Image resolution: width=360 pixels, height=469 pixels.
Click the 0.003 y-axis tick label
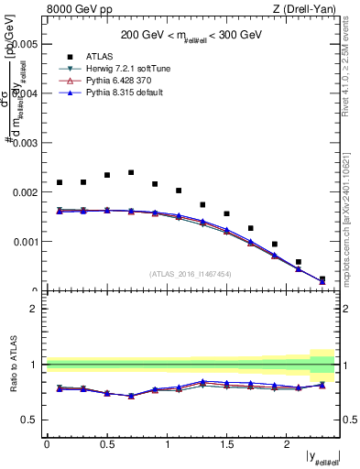point(25,144)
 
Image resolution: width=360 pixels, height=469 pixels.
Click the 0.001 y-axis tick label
point(25,243)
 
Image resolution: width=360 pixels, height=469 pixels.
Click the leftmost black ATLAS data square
point(60,182)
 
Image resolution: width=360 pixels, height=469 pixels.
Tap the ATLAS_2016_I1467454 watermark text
point(190,273)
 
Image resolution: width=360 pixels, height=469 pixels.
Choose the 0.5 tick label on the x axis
point(106,443)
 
